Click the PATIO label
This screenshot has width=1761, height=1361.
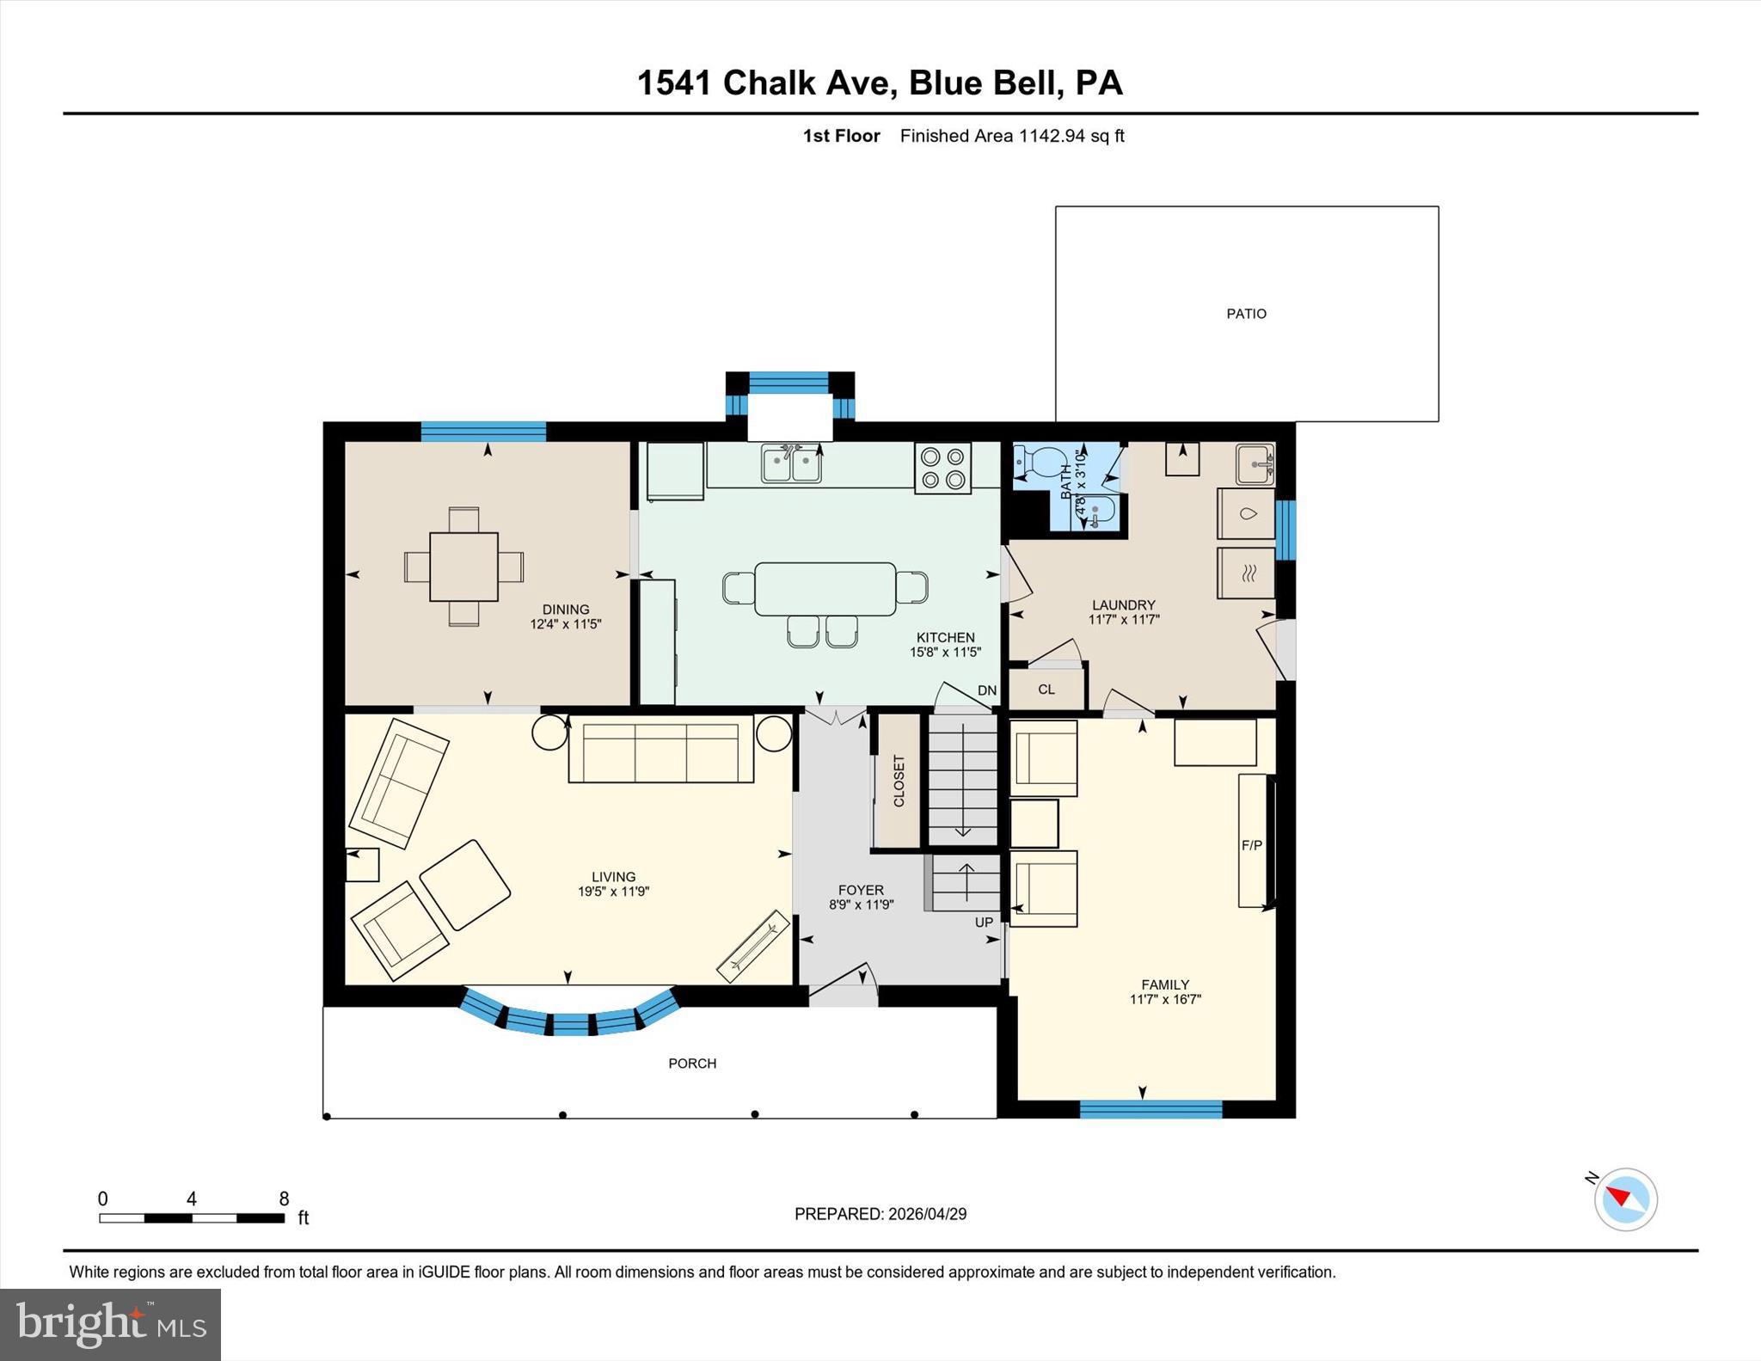pos(1246,314)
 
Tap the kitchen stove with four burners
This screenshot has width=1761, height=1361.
pos(942,468)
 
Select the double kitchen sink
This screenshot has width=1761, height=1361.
pos(791,464)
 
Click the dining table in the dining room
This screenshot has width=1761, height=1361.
pos(463,567)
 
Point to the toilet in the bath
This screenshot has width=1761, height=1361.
pos(1040,464)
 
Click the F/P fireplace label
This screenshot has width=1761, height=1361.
pos(1251,845)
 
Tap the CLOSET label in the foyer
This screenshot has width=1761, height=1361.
pos(899,781)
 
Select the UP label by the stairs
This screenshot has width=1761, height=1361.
pos(984,922)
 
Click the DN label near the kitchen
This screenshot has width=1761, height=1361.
pos(986,690)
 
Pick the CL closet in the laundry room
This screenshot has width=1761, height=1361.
pos(1046,689)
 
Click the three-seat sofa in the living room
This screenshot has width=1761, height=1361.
pos(660,752)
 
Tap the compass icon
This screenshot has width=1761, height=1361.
pos(1625,1199)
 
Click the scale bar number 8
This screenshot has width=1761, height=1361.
pos(284,1199)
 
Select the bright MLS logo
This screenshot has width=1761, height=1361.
pos(110,1324)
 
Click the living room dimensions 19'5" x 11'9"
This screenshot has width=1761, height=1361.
pos(613,892)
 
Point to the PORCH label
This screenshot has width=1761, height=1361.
pos(692,1064)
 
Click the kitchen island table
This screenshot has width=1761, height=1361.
pos(825,589)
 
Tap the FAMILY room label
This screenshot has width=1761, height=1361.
pos(1165,984)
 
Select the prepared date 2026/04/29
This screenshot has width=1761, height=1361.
pos(927,1214)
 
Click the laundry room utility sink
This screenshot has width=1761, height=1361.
pos(1255,465)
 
